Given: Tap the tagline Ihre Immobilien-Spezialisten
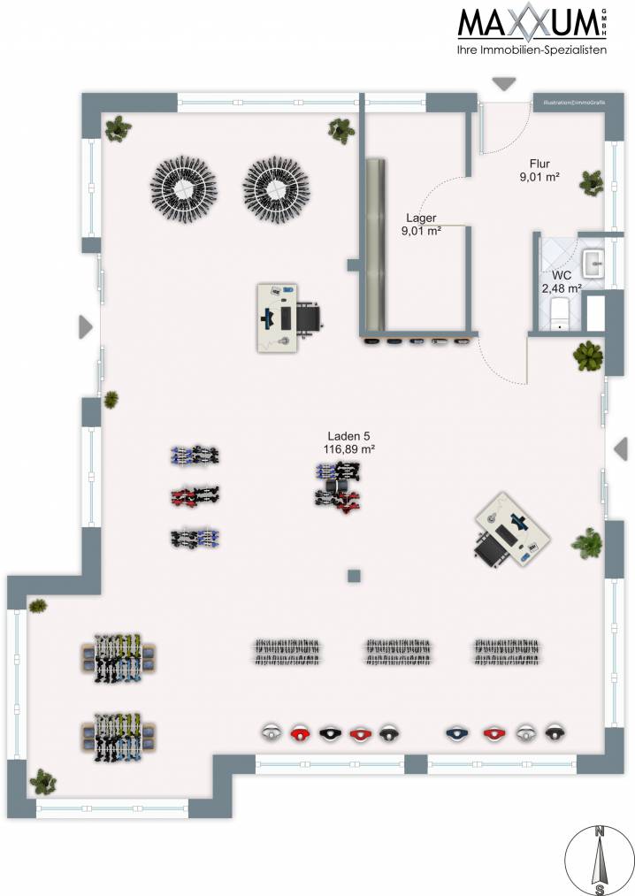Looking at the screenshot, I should pyautogui.click(x=531, y=51).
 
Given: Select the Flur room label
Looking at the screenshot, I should pyautogui.click(x=539, y=164).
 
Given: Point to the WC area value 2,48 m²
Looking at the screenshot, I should pyautogui.click(x=562, y=288).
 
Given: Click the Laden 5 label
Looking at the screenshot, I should pyautogui.click(x=349, y=436).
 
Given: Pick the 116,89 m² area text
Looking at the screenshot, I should pyautogui.click(x=349, y=449).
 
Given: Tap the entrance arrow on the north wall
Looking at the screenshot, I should pyautogui.click(x=504, y=84).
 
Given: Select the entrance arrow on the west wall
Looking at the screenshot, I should pyautogui.click(x=85, y=327).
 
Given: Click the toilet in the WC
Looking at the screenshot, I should pyautogui.click(x=559, y=312).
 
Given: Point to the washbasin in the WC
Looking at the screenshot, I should pyautogui.click(x=593, y=263).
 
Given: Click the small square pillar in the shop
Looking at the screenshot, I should pyautogui.click(x=355, y=576).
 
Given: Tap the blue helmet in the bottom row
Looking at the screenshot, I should pyautogui.click(x=456, y=733).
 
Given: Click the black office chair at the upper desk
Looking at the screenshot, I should pyautogui.click(x=310, y=316).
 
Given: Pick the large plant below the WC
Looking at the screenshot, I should pyautogui.click(x=587, y=356).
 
